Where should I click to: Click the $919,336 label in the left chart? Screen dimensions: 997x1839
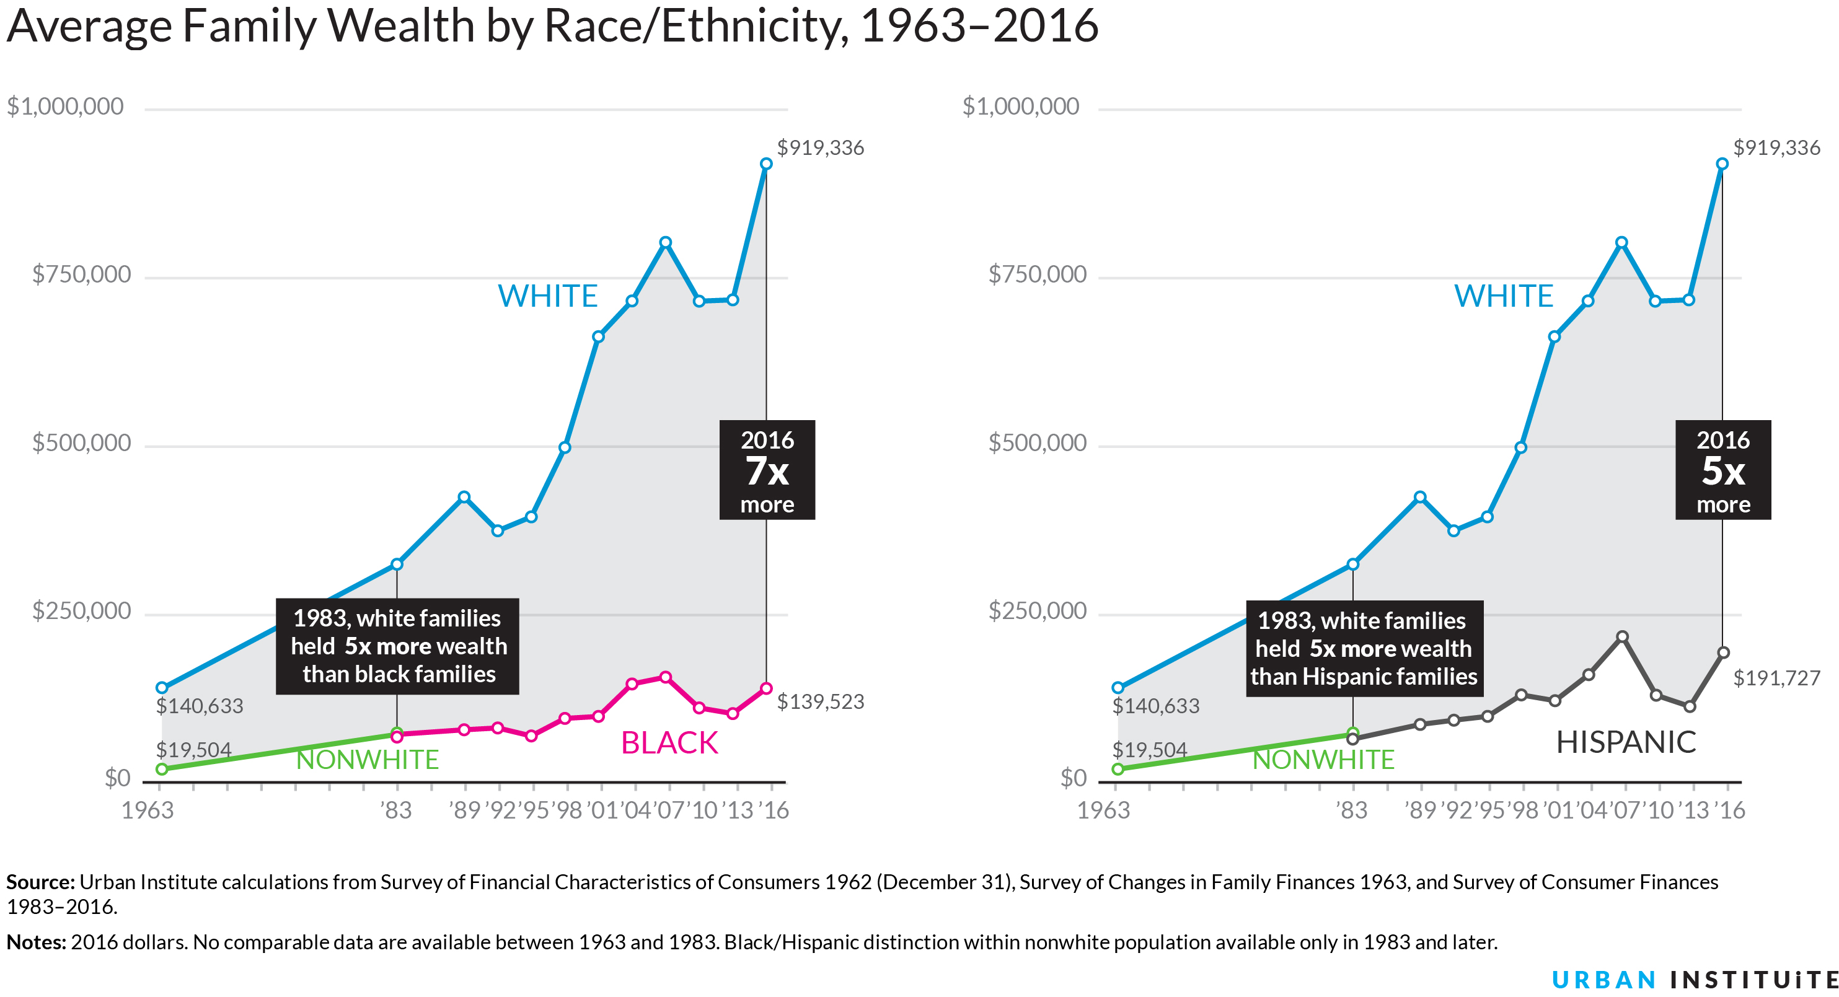point(820,147)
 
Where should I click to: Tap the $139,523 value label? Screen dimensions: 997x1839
point(820,701)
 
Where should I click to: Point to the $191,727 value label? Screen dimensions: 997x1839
point(1776,678)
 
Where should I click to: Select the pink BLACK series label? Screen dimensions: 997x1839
point(669,743)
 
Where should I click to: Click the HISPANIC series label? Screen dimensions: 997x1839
point(1626,742)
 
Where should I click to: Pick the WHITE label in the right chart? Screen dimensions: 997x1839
point(1504,296)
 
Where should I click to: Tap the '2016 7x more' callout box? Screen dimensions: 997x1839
point(767,470)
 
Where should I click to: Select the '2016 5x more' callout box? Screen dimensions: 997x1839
point(1722,470)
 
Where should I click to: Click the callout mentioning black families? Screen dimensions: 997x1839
point(398,646)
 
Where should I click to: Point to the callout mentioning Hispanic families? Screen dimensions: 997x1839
point(1364,648)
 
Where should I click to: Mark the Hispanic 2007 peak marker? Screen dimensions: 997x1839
point(1622,636)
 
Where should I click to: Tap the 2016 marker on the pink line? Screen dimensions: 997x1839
point(766,688)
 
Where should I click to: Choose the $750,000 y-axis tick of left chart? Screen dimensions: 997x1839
point(81,275)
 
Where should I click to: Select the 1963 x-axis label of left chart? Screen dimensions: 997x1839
point(148,810)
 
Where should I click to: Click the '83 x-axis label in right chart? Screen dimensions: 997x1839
point(1351,810)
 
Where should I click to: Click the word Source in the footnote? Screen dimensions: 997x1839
point(40,882)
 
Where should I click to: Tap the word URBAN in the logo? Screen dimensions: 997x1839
point(1603,980)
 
